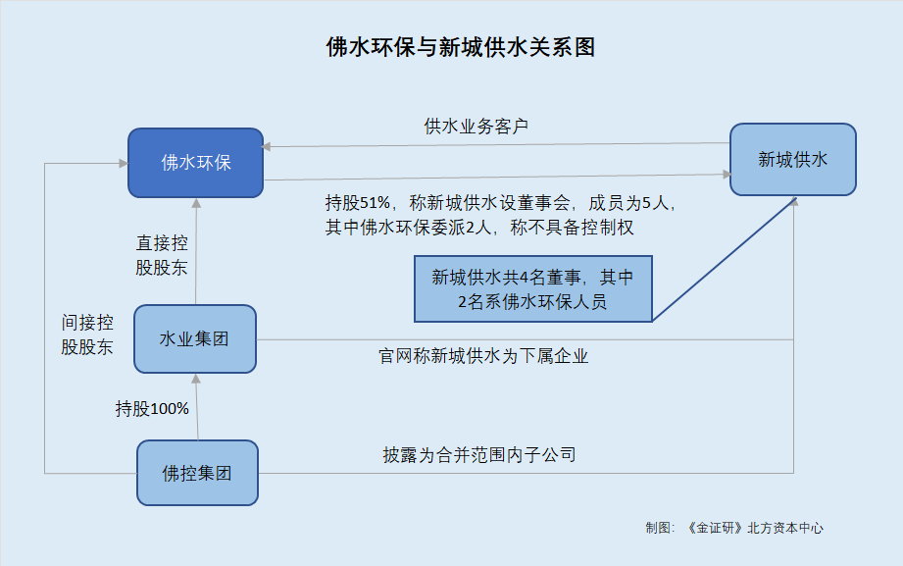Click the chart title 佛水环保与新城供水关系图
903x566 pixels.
tap(460, 47)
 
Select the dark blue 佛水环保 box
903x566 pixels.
tap(196, 163)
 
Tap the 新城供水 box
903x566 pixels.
tap(793, 159)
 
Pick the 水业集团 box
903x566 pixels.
tap(195, 338)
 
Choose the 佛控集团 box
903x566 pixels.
tap(197, 473)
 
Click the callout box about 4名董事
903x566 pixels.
tap(532, 288)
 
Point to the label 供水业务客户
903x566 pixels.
tap(477, 127)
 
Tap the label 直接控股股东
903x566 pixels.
tap(162, 255)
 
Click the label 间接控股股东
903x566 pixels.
tap(87, 334)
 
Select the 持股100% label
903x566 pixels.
tap(152, 409)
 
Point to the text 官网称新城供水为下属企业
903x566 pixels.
tap(483, 356)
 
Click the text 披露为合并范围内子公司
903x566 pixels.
tap(479, 455)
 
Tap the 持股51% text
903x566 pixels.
tap(358, 203)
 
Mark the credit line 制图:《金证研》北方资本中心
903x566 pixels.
tap(734, 528)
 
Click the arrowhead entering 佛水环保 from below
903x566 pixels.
tap(196, 203)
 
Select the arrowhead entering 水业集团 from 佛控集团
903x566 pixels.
tap(196, 379)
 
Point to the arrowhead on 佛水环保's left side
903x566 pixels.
tap(124, 164)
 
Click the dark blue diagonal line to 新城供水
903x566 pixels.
tap(725, 259)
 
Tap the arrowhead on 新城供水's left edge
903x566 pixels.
tap(727, 174)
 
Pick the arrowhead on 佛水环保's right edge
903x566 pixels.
tap(267, 146)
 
